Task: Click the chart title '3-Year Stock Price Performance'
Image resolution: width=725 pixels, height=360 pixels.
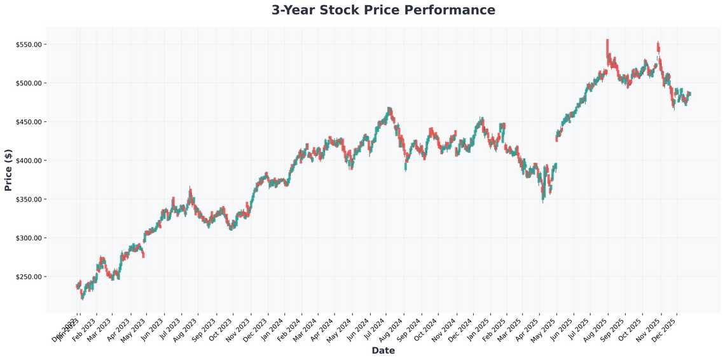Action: click(x=383, y=10)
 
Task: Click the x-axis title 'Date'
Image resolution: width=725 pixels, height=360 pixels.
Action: click(x=383, y=350)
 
